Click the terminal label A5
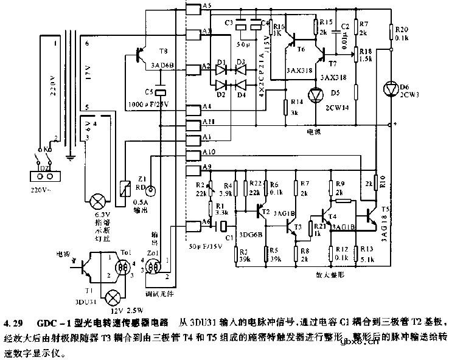point(208,5)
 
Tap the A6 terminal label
point(208,223)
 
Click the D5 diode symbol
point(315,94)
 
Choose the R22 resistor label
point(256,184)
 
